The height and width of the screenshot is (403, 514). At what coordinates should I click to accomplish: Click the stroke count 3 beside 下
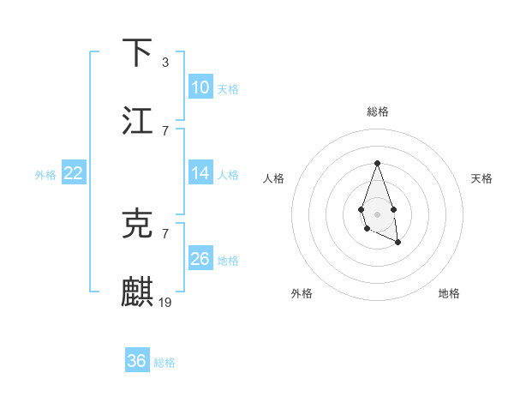tap(164, 63)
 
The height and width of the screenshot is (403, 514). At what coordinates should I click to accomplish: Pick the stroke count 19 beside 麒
tap(165, 302)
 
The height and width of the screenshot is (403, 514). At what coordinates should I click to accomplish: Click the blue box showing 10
tap(200, 87)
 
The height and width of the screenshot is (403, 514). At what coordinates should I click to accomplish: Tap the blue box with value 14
tap(200, 173)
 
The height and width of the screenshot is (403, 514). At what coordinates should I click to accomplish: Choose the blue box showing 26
tap(200, 259)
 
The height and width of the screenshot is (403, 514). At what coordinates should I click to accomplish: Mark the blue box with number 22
tap(74, 173)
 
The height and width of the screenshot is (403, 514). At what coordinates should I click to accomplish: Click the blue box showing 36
tap(137, 361)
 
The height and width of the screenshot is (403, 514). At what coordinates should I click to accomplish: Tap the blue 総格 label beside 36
tap(164, 363)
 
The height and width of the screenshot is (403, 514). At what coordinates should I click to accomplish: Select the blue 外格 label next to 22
tap(45, 175)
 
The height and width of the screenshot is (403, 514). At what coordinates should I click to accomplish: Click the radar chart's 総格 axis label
tap(377, 111)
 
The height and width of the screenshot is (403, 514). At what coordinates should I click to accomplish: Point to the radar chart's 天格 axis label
tap(481, 178)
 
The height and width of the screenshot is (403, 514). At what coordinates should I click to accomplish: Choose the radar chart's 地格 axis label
tap(449, 293)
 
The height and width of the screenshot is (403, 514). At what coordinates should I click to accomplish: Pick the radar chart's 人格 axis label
tap(274, 178)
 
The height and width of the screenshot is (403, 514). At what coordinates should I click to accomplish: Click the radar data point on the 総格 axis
tap(377, 163)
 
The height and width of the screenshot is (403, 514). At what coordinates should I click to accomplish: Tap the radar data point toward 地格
tap(398, 243)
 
